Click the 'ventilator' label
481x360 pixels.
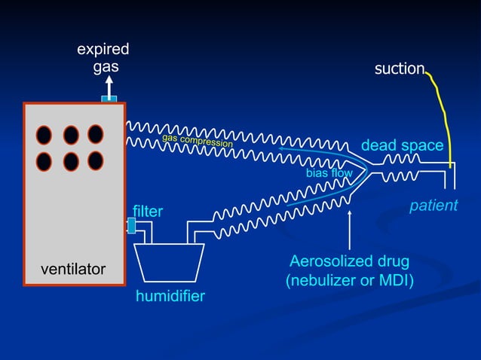(72, 269)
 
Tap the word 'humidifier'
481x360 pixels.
(170, 296)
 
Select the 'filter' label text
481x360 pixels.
(148, 212)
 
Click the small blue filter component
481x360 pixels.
(131, 225)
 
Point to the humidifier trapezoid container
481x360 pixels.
(170, 261)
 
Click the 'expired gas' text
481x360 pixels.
(103, 58)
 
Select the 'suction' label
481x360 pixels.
(400, 69)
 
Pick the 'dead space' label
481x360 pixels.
(402, 145)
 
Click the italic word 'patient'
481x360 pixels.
(434, 205)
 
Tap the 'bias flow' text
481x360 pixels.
(329, 173)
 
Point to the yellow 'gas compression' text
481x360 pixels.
(198, 140)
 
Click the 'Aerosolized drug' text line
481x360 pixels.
(350, 261)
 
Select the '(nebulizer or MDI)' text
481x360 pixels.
(350, 281)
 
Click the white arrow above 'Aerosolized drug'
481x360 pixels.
(350, 230)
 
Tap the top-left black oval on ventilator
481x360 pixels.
(44, 135)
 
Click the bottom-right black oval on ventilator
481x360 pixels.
(96, 160)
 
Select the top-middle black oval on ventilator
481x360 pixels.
(71, 135)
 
